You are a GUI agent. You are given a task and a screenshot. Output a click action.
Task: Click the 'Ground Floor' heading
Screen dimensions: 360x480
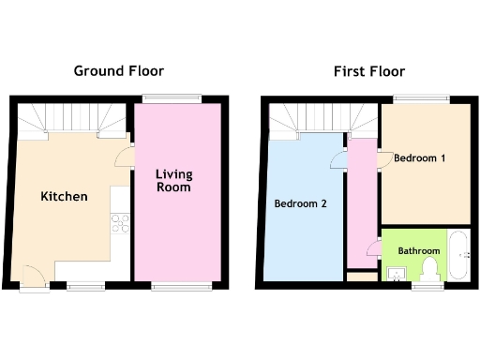pyautogui.click(x=119, y=70)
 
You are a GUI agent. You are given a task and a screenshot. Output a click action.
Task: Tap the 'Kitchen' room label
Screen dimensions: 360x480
pyautogui.click(x=64, y=197)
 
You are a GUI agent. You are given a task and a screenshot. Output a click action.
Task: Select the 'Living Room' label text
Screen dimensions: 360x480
pyautogui.click(x=173, y=181)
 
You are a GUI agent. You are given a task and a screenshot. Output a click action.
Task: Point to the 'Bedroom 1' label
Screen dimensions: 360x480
pyautogui.click(x=419, y=158)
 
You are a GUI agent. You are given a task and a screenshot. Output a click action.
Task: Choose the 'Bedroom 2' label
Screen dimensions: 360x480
pyautogui.click(x=300, y=203)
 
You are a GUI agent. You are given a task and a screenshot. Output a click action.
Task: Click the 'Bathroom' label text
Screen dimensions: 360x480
pyautogui.click(x=418, y=251)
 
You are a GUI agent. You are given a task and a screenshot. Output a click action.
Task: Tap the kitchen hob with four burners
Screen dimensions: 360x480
pyautogui.click(x=120, y=223)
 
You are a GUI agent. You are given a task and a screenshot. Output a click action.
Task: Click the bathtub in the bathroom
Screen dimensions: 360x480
pyautogui.click(x=457, y=254)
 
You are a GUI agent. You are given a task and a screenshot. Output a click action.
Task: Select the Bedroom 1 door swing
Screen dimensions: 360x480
pyautogui.click(x=385, y=158)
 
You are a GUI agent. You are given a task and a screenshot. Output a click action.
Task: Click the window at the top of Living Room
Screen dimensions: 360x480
pyautogui.click(x=172, y=97)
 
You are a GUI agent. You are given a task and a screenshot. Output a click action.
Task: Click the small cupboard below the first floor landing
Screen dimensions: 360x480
pyautogui.click(x=359, y=276)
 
